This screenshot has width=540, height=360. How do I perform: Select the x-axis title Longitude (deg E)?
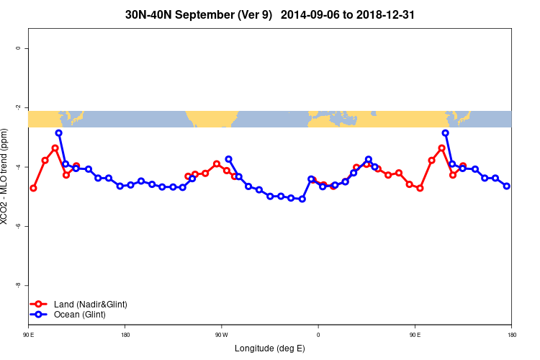[x=269, y=348]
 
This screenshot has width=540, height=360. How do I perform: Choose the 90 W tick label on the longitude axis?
[x=221, y=334]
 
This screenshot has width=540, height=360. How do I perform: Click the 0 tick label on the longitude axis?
[x=318, y=334]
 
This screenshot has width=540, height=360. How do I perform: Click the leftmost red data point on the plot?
[x=33, y=188]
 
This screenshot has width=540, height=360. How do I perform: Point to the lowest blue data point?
[x=302, y=199]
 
